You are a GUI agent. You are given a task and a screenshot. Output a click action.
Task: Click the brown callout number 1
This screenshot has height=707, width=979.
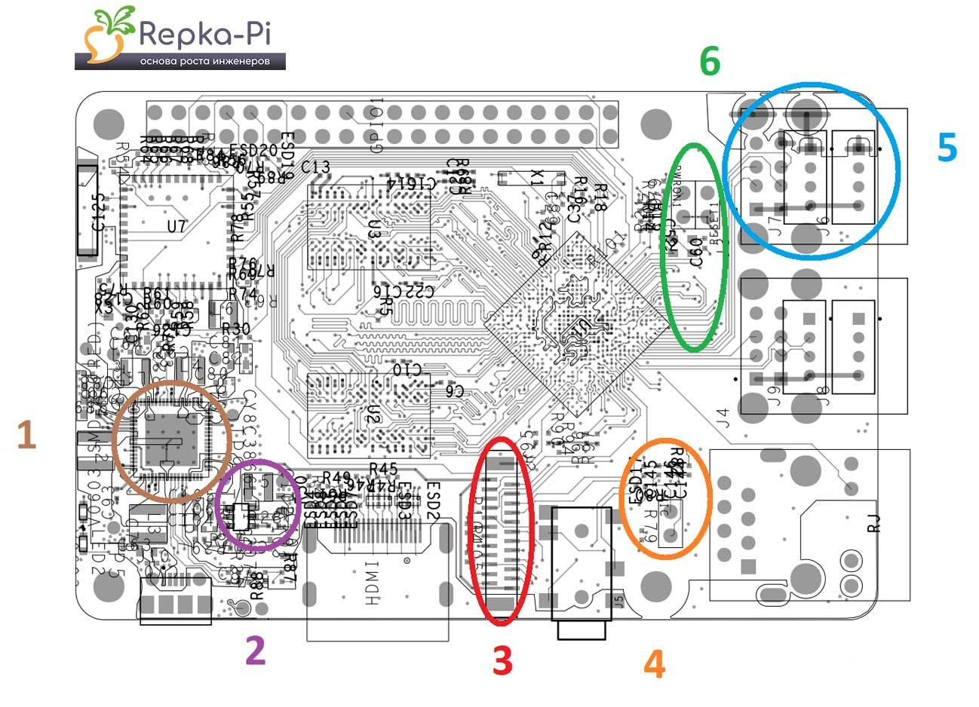tap(26, 436)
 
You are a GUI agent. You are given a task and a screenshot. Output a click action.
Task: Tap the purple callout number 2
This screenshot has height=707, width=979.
tap(256, 650)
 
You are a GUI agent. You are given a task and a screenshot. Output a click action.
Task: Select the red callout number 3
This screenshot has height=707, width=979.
tap(502, 660)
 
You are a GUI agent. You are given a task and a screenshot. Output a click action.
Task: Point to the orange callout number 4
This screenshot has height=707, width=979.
tap(655, 664)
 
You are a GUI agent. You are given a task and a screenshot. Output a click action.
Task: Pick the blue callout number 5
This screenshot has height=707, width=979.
tap(947, 147)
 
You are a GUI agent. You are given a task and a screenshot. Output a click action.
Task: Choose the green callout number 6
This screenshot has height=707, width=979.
tap(710, 61)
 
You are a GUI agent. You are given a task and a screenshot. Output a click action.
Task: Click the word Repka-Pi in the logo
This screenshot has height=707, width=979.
tap(204, 34)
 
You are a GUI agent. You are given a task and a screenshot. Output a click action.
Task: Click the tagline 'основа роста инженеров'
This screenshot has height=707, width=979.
tap(204, 62)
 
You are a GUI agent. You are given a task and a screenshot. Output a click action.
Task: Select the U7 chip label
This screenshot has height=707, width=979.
tap(176, 226)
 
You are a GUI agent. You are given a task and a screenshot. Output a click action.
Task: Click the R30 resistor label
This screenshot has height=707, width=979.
tap(235, 329)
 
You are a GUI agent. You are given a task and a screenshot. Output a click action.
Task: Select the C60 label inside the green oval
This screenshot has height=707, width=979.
tap(696, 251)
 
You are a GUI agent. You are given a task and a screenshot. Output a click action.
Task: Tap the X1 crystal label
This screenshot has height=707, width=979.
tap(537, 179)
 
